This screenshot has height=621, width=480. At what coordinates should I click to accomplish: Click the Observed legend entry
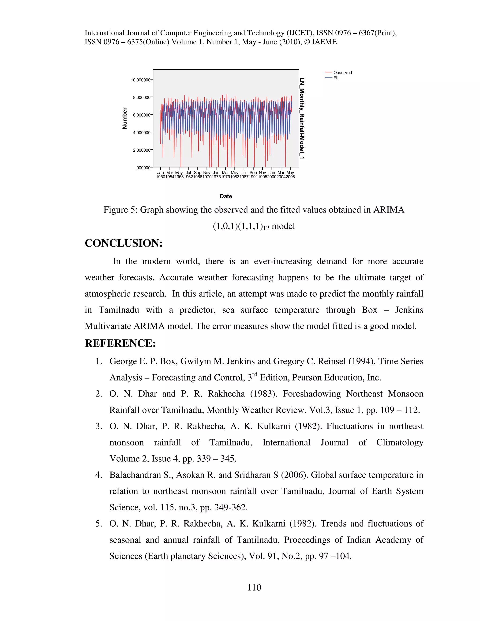pyautogui.click(x=342, y=72)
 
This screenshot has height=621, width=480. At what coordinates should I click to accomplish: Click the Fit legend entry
pyautogui.click(x=336, y=78)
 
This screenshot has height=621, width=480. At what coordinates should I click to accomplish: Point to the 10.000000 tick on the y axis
pyautogui.click(x=140, y=80)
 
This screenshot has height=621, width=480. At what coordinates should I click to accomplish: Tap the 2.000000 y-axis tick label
pyautogui.click(x=141, y=150)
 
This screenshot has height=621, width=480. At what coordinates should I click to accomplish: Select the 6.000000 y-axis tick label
pyautogui.click(x=141, y=115)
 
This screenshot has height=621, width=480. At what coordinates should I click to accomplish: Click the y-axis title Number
pyautogui.click(x=124, y=118)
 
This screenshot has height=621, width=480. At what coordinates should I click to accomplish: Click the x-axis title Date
pyautogui.click(x=225, y=196)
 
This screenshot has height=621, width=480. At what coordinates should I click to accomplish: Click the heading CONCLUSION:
pyautogui.click(x=124, y=243)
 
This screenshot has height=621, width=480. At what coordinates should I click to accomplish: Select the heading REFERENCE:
pyautogui.click(x=120, y=343)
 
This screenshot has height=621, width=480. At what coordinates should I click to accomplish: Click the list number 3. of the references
pyautogui.click(x=99, y=426)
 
